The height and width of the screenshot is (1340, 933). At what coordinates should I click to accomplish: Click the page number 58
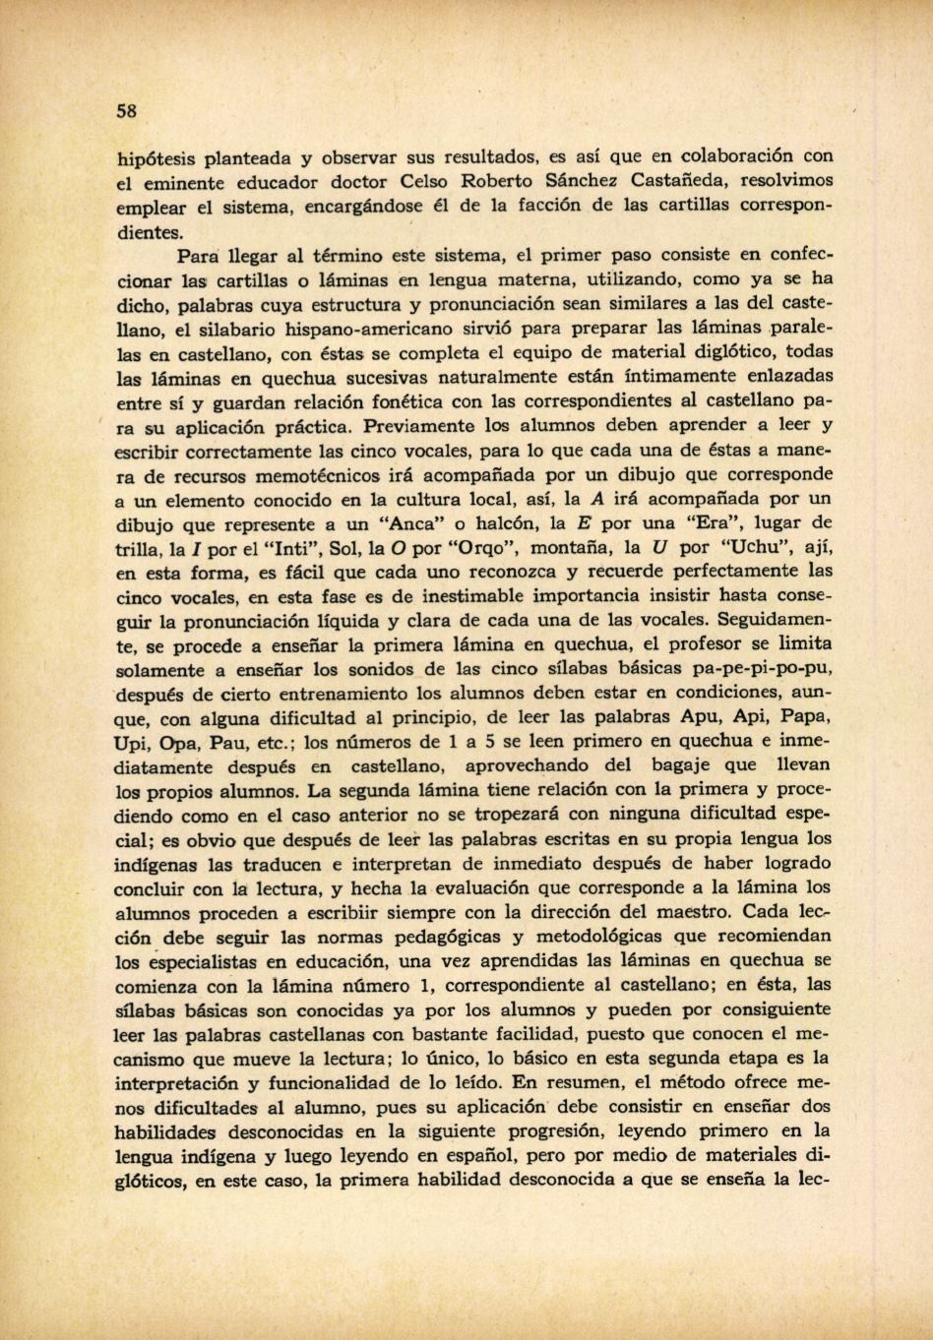point(126,110)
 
